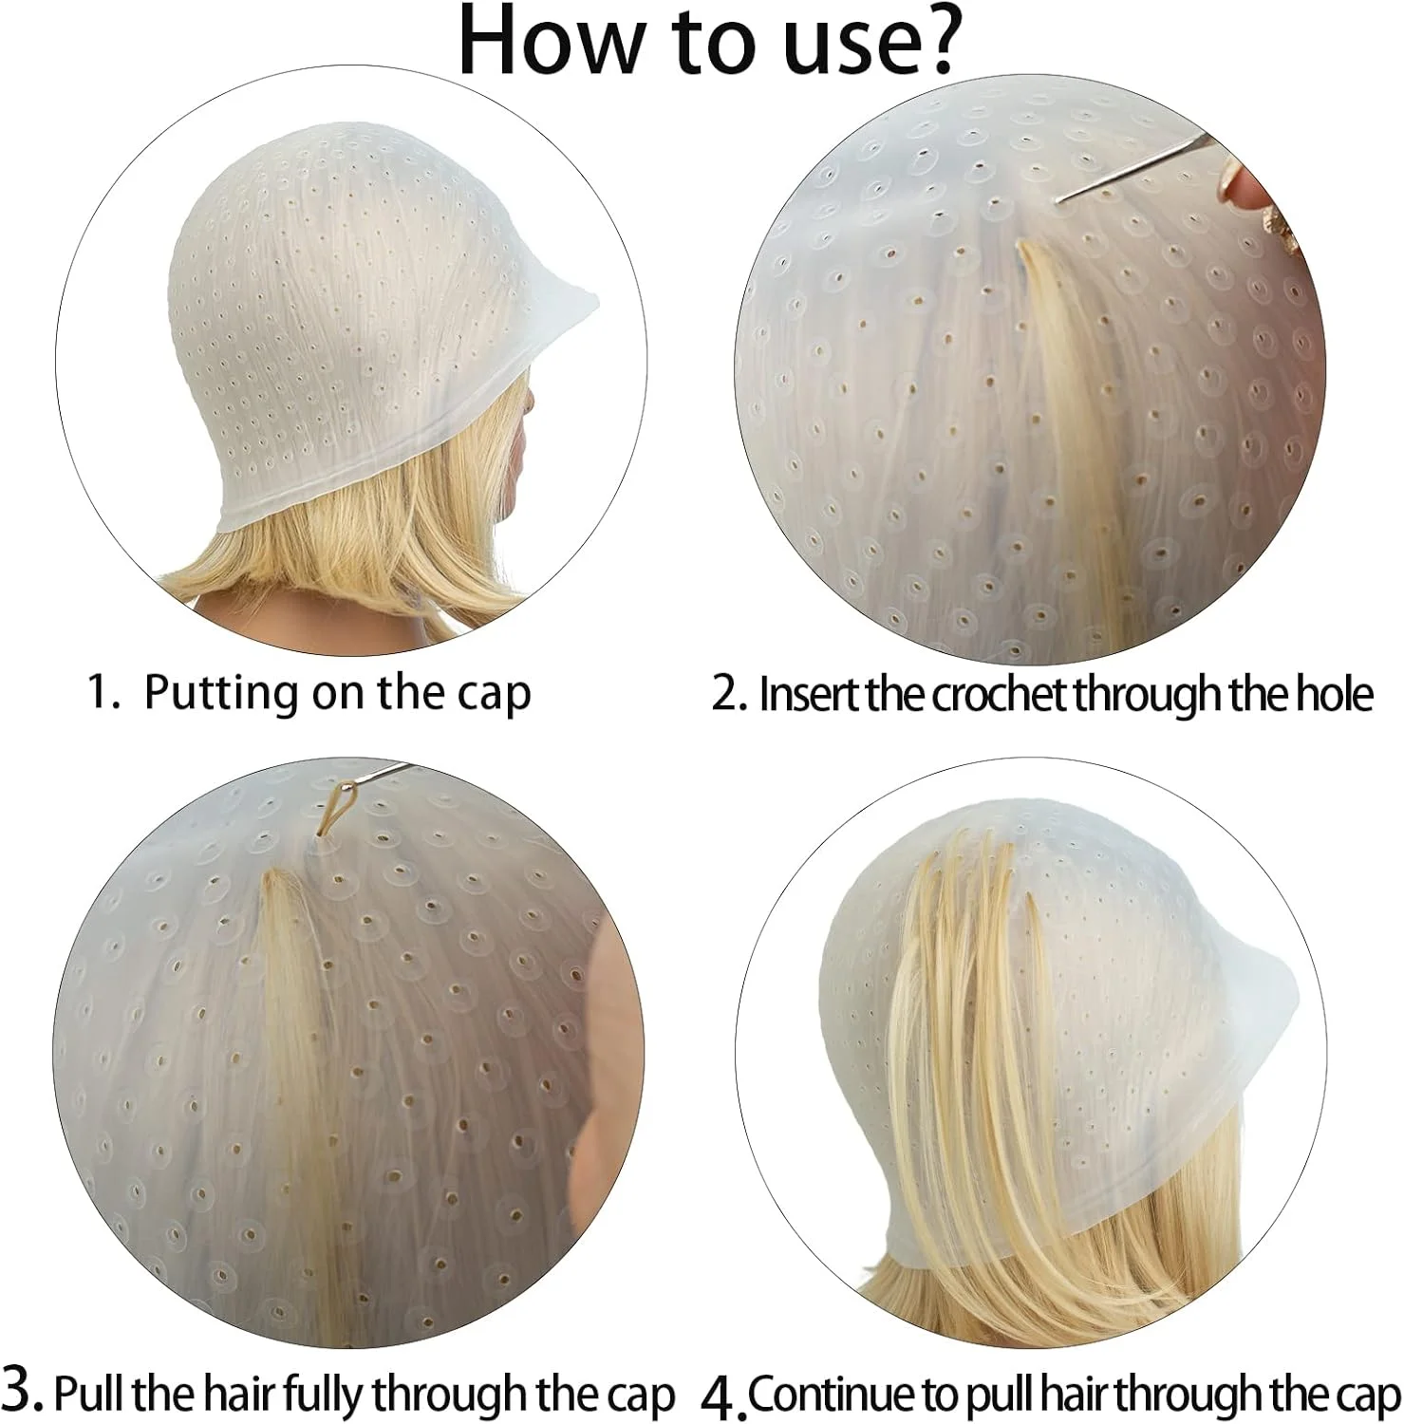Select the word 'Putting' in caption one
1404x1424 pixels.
point(221,695)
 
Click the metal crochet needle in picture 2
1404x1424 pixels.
point(1133,167)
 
